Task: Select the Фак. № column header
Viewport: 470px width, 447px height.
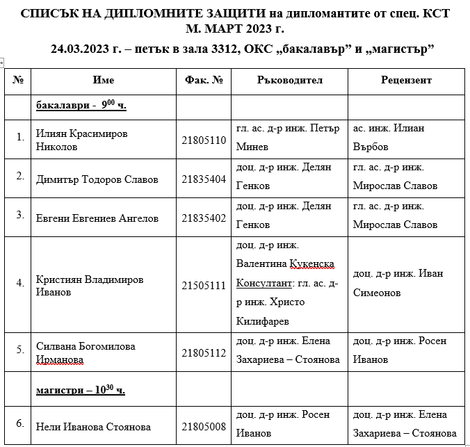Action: (x=204, y=81)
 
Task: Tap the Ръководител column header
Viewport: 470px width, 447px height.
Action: (x=289, y=81)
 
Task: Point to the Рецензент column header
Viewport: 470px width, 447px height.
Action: (x=406, y=81)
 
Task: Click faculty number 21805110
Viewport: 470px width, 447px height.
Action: (x=204, y=140)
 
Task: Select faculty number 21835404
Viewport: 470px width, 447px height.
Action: (x=204, y=179)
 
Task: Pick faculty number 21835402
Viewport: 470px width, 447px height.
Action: (x=204, y=218)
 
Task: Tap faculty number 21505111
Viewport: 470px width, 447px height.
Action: (x=204, y=285)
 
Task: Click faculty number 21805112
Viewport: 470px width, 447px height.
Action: (x=204, y=352)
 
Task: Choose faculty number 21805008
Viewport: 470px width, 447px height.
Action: (x=204, y=426)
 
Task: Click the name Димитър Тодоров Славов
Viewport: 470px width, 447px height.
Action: (x=97, y=179)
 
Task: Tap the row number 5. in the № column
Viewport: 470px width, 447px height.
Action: (x=20, y=350)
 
